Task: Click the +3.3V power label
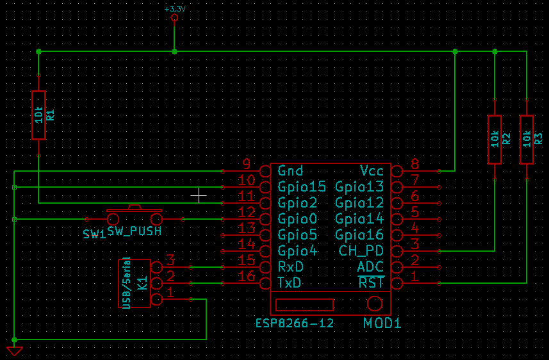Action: click(x=175, y=9)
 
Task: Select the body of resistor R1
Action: click(x=39, y=115)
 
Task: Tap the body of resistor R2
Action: click(x=495, y=140)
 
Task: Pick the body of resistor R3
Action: click(x=527, y=140)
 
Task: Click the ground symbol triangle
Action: click(x=14, y=350)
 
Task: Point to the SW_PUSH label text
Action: click(x=135, y=231)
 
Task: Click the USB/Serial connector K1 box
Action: click(x=135, y=283)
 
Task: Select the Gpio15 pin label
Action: click(x=302, y=186)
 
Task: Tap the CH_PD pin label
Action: click(x=361, y=250)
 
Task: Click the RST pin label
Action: click(x=371, y=282)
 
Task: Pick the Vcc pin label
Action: click(x=372, y=171)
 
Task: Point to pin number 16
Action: click(x=246, y=277)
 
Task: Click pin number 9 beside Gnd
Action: click(x=247, y=163)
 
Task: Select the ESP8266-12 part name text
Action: click(x=295, y=323)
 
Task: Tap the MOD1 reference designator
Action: click(x=382, y=323)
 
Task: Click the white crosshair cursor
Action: click(x=199, y=195)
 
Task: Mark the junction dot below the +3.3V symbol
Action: click(x=174, y=51)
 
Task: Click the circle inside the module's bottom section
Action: click(x=375, y=304)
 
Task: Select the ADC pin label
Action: click(x=370, y=267)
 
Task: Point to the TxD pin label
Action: click(x=289, y=282)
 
